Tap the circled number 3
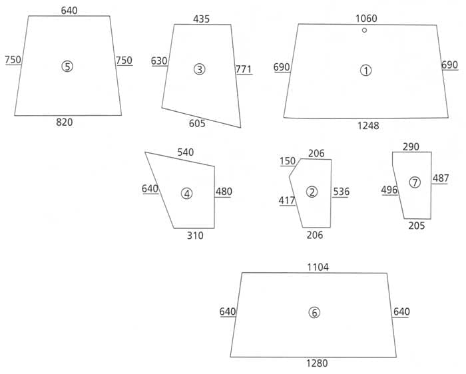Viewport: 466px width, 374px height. pos(199,69)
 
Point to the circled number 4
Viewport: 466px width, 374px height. pos(186,194)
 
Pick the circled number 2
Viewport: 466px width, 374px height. pos(312,192)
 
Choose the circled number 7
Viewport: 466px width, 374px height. pos(415,182)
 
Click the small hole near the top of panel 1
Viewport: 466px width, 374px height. pos(364,30)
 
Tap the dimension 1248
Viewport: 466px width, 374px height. pos(367,126)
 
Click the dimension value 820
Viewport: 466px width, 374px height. pos(65,122)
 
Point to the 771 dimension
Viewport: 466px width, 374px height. pos(243,69)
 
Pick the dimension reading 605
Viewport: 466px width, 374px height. pos(197,123)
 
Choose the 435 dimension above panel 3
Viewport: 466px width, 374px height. pos(201,19)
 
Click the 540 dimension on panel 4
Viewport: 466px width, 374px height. pos(186,152)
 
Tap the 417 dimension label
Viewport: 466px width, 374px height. pos(288,200)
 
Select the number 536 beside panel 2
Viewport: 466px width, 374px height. pos(342,192)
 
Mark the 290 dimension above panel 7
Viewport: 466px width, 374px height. pos(411,146)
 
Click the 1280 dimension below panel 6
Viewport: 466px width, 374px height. pos(317,363)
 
